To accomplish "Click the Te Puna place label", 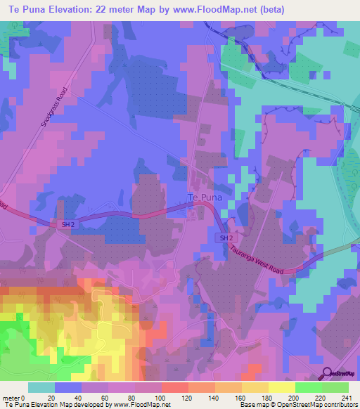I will click(205, 197).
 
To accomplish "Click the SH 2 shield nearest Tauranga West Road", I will click(224, 239).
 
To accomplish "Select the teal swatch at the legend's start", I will click(41, 387).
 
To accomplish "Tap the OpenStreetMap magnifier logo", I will click(328, 375).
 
